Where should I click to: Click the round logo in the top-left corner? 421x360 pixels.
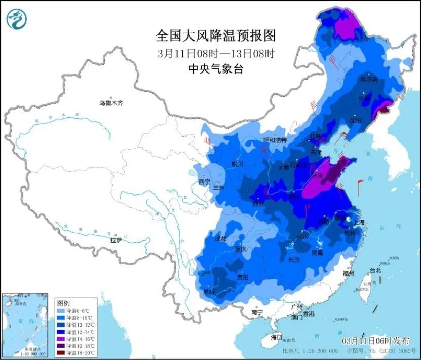(x=17, y=19)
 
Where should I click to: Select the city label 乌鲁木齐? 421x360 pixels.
(x=111, y=103)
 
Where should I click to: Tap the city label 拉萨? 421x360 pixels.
(x=116, y=239)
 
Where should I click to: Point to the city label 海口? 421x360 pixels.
(x=276, y=337)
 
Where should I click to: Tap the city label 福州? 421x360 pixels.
(x=348, y=273)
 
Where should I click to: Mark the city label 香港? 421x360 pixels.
(x=307, y=314)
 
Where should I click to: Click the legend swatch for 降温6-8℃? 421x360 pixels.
(x=60, y=310)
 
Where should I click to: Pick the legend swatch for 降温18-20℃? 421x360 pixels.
(x=60, y=352)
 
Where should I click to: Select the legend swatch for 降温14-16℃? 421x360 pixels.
(x=60, y=338)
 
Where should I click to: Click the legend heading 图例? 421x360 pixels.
(x=63, y=301)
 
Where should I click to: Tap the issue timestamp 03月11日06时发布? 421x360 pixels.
(x=375, y=340)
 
